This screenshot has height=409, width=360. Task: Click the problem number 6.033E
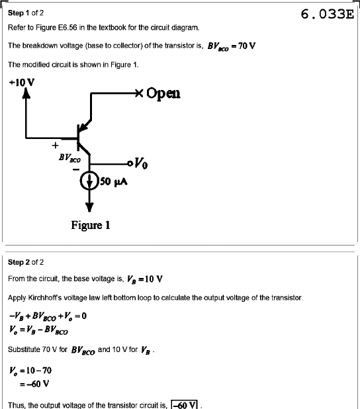[328, 14]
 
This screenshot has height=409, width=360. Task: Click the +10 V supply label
[22, 83]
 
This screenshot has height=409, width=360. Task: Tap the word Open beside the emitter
[163, 93]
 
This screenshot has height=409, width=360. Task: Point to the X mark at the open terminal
[140, 93]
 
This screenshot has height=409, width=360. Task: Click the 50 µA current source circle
[89, 181]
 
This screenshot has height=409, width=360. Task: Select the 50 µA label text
[114, 181]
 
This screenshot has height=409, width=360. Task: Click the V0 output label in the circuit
[141, 163]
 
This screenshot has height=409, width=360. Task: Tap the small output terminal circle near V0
[130, 163]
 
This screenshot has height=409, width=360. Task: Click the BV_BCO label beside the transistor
[69, 158]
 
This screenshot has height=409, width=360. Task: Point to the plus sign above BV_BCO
[55, 146]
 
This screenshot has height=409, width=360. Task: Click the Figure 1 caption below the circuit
[91, 225]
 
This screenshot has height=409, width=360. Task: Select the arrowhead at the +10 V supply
[26, 93]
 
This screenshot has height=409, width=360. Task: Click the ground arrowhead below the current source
[89, 207]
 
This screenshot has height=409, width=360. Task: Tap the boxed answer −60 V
[184, 404]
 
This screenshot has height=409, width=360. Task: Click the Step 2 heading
[26, 262]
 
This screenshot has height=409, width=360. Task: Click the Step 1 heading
[26, 13]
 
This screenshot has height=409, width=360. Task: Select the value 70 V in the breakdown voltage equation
[247, 46]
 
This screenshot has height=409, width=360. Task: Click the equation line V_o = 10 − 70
[30, 371]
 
